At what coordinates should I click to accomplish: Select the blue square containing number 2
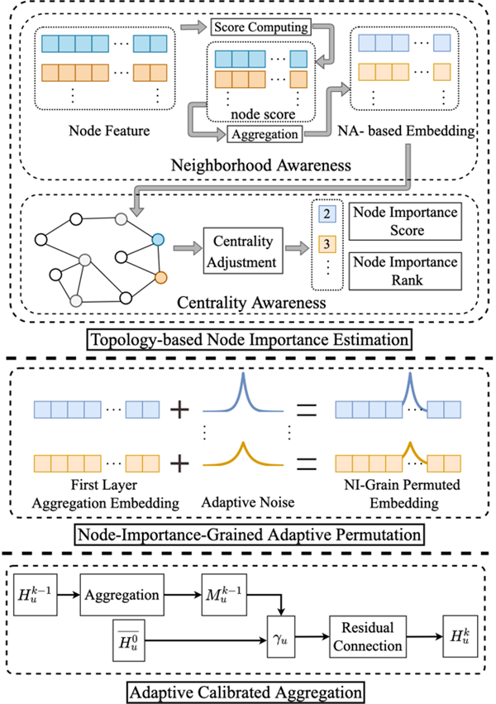(327, 214)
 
